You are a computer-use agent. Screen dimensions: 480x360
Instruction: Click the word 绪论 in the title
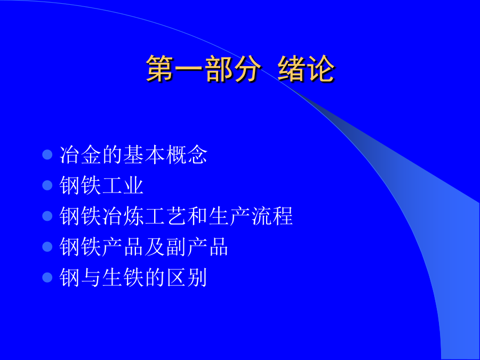pos(306,69)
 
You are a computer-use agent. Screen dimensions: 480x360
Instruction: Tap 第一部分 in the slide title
pos(203,69)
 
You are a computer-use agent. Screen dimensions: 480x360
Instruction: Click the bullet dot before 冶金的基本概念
pos(47,155)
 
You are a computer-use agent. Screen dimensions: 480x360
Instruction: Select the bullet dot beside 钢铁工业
pos(47,185)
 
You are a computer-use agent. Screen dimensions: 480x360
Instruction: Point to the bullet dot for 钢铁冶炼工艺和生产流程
pos(47,216)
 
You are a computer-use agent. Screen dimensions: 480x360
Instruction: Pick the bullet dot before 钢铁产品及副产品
pos(47,247)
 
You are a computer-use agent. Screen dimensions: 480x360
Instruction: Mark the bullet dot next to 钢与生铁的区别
pos(47,277)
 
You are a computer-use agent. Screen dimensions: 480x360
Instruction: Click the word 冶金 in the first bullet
pos(81,155)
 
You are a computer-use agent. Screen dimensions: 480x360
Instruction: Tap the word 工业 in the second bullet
pos(123,185)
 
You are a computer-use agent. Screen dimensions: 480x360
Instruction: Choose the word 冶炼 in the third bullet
pos(123,216)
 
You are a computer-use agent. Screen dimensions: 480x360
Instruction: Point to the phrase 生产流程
pos(251,216)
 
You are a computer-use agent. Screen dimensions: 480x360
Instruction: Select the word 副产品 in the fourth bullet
pos(197,247)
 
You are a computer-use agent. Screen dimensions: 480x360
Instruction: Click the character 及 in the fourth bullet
pos(155,247)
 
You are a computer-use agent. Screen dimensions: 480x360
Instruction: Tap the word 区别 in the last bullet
pos(187,277)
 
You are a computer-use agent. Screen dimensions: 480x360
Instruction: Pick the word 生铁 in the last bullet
pos(123,277)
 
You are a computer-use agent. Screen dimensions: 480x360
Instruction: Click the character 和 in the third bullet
pos(197,216)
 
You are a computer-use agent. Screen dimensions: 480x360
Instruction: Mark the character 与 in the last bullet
pos(91,277)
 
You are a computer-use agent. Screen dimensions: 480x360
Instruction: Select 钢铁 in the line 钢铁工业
pos(80,185)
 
